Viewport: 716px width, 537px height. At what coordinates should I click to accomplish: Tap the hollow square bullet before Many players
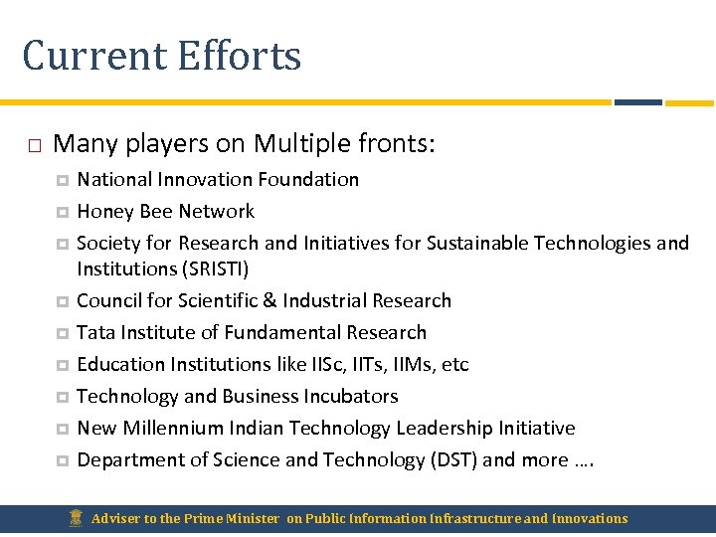coord(34,145)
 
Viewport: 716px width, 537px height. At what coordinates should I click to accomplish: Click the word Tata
coord(94,332)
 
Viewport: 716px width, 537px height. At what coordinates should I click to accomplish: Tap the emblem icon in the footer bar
coord(75,517)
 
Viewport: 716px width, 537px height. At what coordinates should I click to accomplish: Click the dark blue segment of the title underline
coord(637,101)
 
